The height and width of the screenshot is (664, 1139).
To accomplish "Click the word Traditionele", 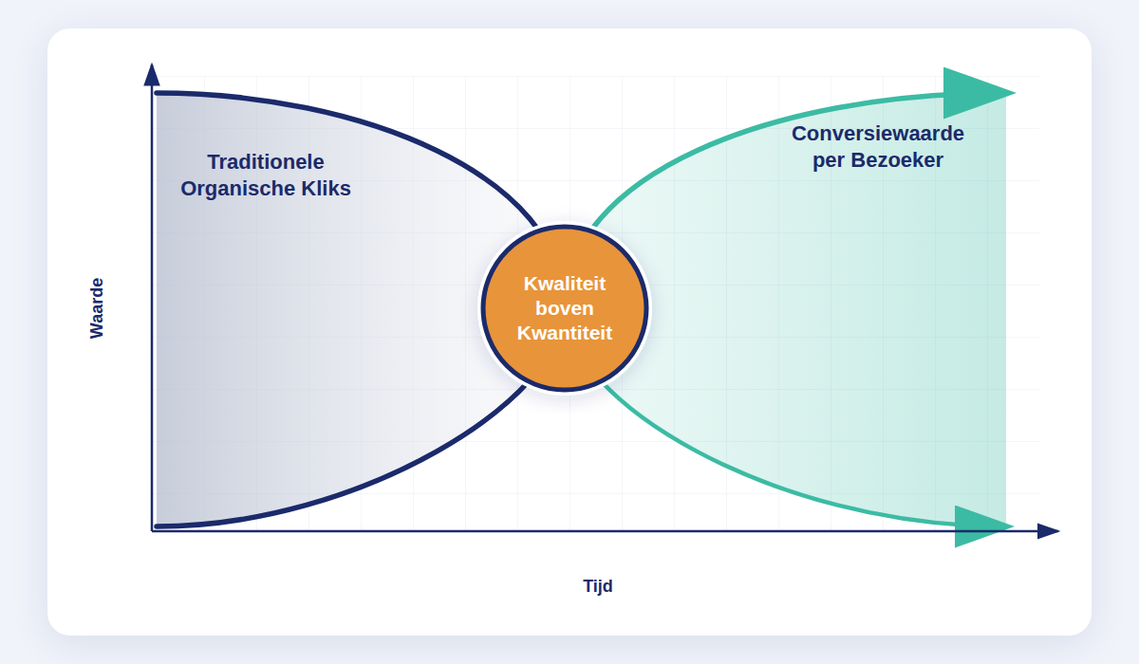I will pos(266,162).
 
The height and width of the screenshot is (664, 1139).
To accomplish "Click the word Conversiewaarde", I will pos(878,134).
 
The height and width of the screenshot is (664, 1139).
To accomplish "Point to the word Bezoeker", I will pos(896,160).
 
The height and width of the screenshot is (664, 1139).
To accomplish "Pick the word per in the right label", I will pos(829,161).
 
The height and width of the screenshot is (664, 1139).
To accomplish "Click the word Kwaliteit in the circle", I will pos(565,284).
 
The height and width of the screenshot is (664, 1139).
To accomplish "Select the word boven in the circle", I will pos(565,308).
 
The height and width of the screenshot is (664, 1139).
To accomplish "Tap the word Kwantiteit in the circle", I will pos(565,333).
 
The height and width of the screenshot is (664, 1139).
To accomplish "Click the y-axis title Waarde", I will pos(97,307).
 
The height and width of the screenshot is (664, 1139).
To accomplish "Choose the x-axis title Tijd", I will pos(598,586).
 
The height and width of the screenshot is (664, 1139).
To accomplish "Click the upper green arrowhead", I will pos(973,93).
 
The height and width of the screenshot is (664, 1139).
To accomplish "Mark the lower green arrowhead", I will pos(978,526).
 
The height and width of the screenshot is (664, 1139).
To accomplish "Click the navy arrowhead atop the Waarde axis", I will pos(152,75).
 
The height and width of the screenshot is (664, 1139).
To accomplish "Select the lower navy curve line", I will pos(380,480).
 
